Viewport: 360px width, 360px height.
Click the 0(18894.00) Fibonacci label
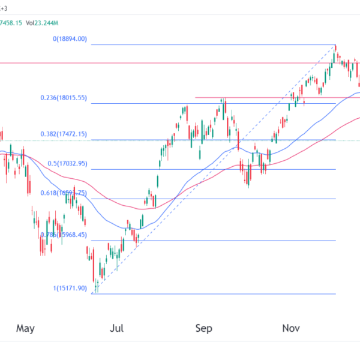pyautogui.click(x=70, y=39)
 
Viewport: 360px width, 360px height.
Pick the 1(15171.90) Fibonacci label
pyautogui.click(x=70, y=289)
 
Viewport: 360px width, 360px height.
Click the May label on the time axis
pyautogui.click(x=26, y=328)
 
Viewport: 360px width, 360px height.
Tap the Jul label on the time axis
pyautogui.click(x=117, y=328)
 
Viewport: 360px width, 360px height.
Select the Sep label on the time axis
pyautogui.click(x=205, y=328)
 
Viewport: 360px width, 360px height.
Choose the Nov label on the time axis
pyautogui.click(x=291, y=328)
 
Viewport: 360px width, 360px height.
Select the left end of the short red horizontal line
pyautogui.click(x=196, y=97)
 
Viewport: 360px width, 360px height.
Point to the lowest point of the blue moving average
pyautogui.click(x=133, y=229)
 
